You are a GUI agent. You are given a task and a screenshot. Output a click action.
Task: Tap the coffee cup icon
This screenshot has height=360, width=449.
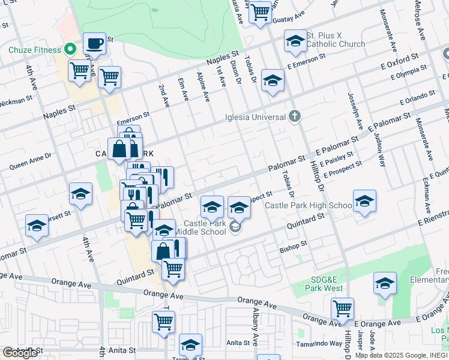click(94, 43)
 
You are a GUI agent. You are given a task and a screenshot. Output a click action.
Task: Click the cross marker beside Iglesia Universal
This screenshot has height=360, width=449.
click(294, 116)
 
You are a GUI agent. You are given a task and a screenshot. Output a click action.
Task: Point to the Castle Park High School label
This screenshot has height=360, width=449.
click(308, 205)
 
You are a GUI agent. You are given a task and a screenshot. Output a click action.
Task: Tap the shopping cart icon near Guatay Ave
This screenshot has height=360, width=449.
click(260, 11)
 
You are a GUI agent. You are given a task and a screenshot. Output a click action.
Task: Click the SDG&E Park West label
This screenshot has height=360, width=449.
click(327, 284)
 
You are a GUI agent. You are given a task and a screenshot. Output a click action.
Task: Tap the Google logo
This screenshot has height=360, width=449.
click(20, 353)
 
